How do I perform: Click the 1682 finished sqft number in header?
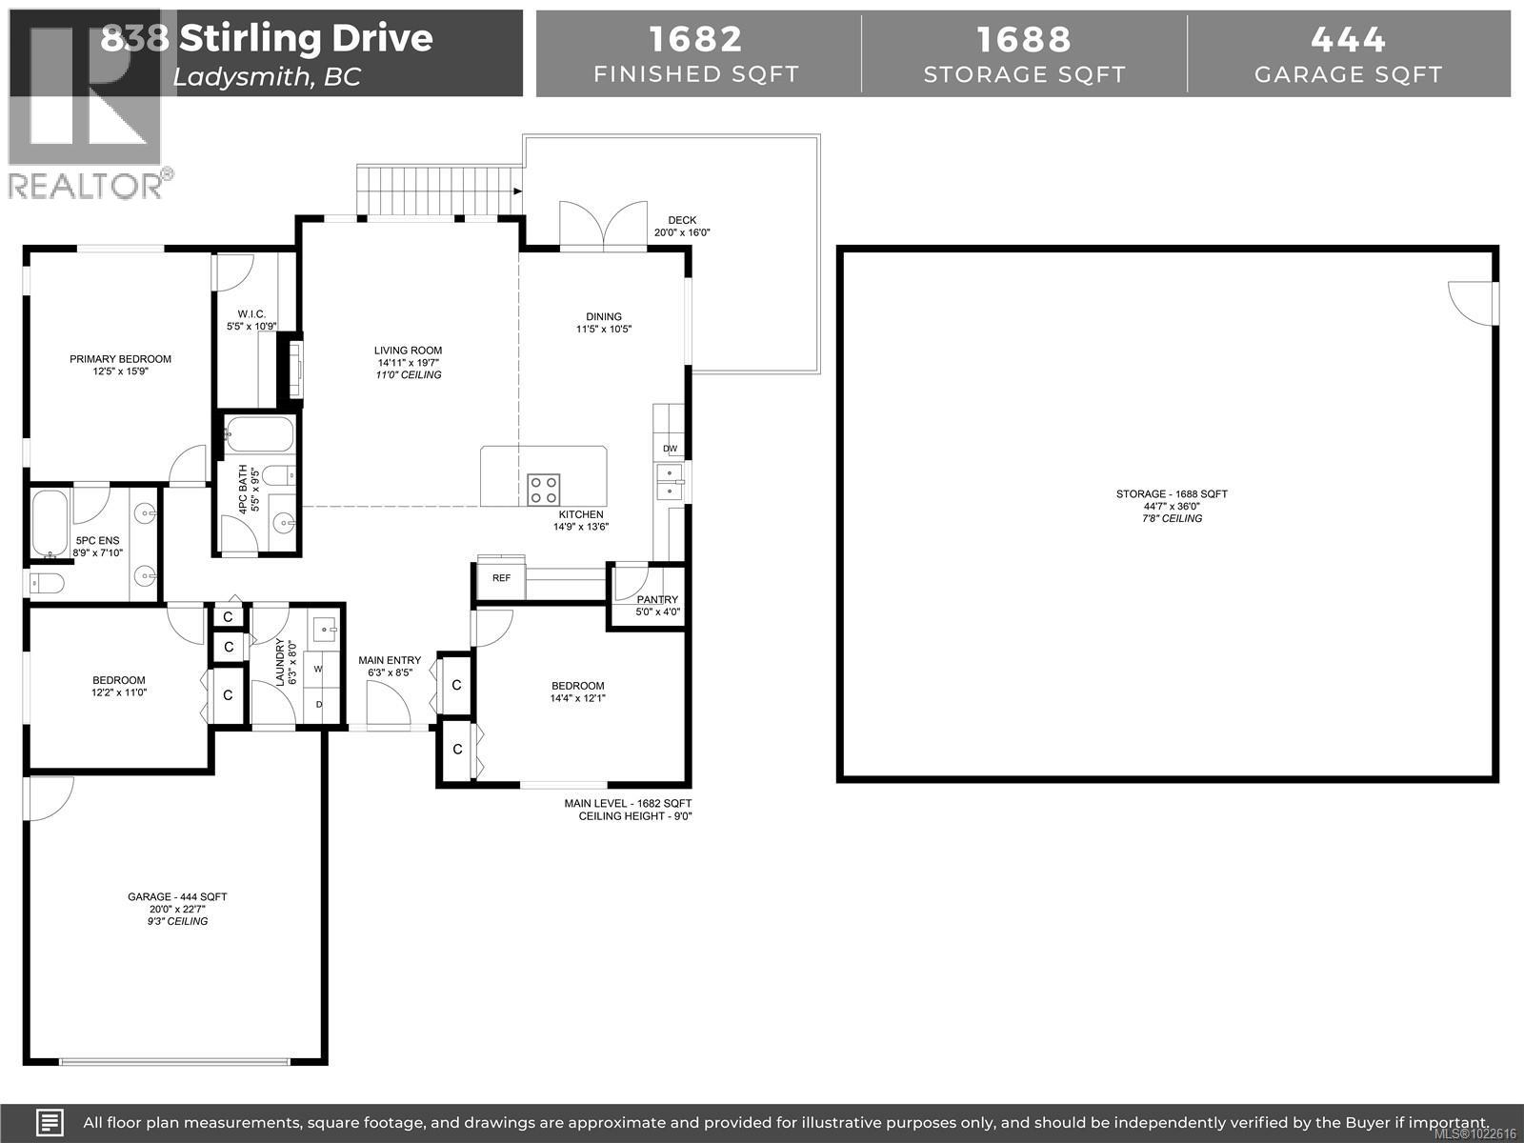click(x=696, y=39)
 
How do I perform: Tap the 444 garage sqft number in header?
click(x=1348, y=39)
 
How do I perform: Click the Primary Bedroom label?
click(x=120, y=359)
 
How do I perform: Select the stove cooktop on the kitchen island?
click(x=544, y=490)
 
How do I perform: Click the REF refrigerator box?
click(x=501, y=578)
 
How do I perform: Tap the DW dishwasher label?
click(x=670, y=449)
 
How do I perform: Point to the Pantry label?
click(x=657, y=600)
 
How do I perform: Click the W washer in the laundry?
click(x=318, y=669)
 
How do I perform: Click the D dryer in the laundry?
click(x=318, y=704)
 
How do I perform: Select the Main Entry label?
click(x=389, y=660)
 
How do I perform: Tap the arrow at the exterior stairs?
click(x=517, y=191)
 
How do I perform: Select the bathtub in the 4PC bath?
click(x=259, y=435)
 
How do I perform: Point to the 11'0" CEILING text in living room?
click(x=408, y=375)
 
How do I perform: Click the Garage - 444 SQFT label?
click(x=177, y=896)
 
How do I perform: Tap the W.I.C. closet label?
click(x=251, y=314)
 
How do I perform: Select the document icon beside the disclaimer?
click(x=50, y=1122)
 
